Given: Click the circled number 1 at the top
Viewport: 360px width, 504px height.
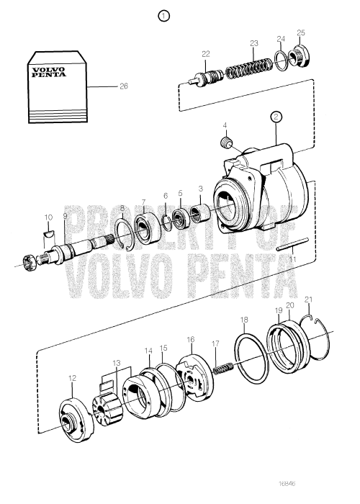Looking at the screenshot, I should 165,14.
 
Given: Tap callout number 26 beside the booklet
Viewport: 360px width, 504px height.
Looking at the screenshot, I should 123,86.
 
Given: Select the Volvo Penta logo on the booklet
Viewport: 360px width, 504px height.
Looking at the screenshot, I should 46,73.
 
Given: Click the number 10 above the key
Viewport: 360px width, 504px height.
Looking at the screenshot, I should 48,217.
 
